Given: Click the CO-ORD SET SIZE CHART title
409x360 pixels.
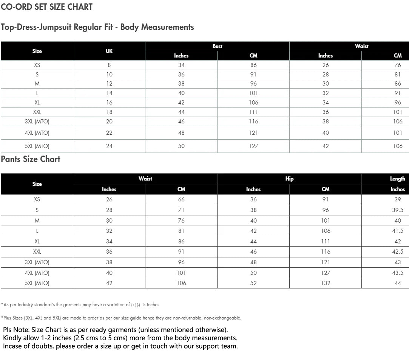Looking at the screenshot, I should point(47,7).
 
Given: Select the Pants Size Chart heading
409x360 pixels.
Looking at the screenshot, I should point(31,159).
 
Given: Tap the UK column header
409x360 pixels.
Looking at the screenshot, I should point(109,51).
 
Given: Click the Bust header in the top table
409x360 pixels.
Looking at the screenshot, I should point(218,46).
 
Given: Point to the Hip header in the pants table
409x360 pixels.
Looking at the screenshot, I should point(289,179).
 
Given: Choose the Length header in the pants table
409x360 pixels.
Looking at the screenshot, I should point(397,179).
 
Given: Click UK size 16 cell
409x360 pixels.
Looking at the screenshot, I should point(109,103).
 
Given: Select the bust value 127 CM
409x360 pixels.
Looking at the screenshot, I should point(253,146).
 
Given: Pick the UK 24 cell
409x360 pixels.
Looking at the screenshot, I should point(109,146).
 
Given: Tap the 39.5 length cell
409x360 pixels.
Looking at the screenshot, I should point(398,210).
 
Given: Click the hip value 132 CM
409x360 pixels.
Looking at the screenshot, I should point(326,283).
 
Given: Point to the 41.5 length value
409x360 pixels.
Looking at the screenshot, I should point(398,231).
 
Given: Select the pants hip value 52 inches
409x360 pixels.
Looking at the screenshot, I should point(253,283).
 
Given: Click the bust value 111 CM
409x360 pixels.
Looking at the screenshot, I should point(253,112).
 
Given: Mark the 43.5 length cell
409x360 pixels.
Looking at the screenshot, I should point(398,273).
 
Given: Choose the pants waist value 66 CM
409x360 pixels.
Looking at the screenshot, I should point(181,199).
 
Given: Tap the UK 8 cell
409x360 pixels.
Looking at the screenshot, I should point(109,65).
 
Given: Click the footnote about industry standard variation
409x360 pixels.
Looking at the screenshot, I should point(81,305).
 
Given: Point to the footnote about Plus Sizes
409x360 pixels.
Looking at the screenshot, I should point(121,318).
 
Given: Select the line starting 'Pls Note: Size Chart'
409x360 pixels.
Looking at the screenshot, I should point(116,330).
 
